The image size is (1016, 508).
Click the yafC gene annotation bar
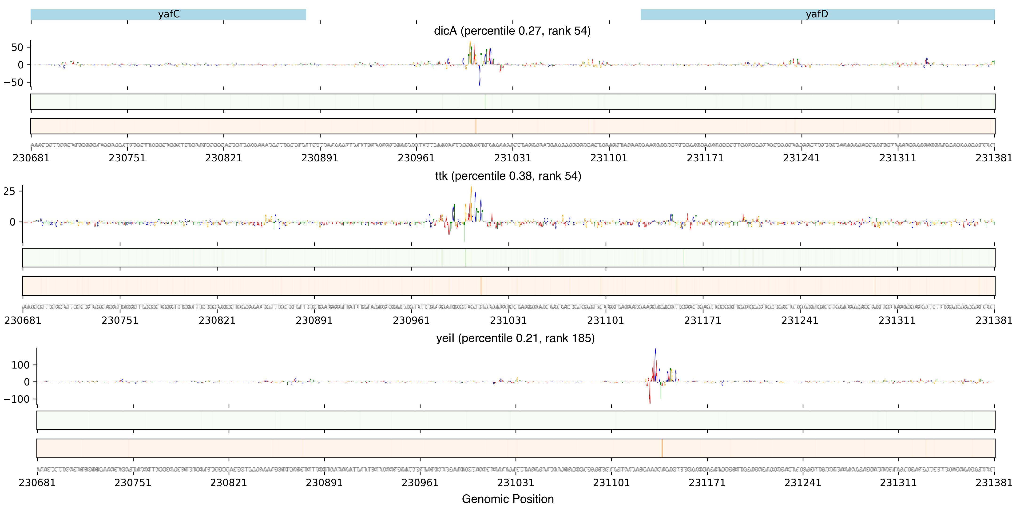[168, 15]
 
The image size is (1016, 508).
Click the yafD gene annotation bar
[817, 15]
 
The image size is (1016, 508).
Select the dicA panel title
[512, 31]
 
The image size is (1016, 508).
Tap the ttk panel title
[508, 176]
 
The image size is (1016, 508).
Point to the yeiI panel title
[515, 338]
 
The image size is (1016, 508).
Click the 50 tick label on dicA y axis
[17, 47]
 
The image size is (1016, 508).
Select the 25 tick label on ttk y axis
[9, 192]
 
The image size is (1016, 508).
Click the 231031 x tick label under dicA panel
[512, 158]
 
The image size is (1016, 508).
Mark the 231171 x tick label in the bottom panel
[707, 483]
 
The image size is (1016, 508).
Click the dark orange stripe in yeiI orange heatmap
[662, 448]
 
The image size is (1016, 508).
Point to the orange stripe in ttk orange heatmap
[481, 286]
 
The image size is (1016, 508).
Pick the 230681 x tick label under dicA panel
[31, 158]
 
